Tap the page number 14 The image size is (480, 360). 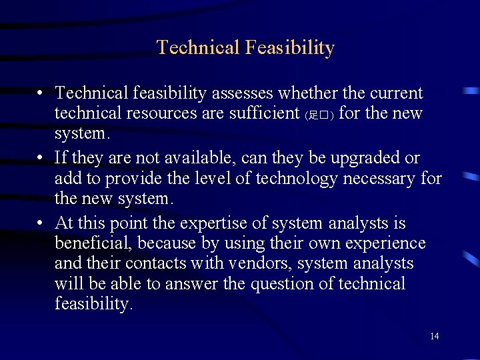[x=434, y=336]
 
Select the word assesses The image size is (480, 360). [x=247, y=93]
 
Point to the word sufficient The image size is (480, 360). [x=263, y=113]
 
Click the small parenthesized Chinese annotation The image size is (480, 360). [x=319, y=115]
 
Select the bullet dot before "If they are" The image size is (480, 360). [x=41, y=159]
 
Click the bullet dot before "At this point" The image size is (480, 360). [x=41, y=223]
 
